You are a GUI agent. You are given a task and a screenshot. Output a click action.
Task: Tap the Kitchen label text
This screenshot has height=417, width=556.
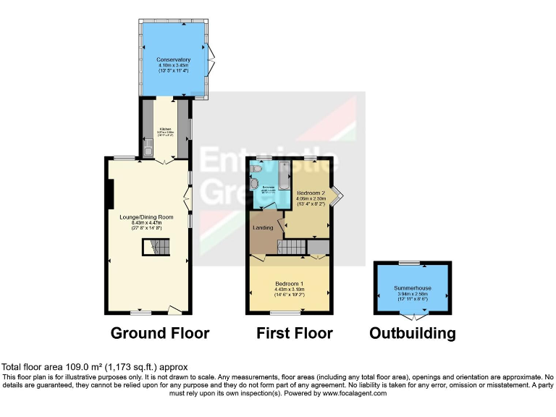point(166,130)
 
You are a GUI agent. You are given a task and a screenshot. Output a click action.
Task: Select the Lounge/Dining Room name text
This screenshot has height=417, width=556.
point(146,216)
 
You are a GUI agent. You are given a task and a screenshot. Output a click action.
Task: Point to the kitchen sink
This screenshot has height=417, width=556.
point(148,151)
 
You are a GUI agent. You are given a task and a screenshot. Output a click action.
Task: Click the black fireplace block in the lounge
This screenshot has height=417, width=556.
point(110,193)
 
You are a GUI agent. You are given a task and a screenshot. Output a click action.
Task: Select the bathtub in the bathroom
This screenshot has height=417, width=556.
point(284,174)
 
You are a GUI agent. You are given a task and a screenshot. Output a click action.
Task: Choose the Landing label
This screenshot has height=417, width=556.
point(262,228)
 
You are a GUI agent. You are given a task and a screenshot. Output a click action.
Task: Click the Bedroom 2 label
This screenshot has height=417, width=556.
point(312,192)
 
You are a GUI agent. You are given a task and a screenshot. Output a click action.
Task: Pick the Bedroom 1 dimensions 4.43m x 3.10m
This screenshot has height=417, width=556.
point(289,289)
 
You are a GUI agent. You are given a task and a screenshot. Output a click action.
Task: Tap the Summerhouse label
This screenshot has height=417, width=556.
point(413,288)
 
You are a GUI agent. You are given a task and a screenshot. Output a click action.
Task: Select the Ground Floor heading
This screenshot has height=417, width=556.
point(160,334)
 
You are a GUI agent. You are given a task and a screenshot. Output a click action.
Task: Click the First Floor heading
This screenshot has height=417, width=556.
point(295,334)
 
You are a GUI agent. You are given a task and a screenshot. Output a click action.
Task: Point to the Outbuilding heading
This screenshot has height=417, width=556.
point(413,334)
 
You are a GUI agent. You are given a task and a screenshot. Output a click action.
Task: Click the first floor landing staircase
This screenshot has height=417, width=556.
point(293,248)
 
